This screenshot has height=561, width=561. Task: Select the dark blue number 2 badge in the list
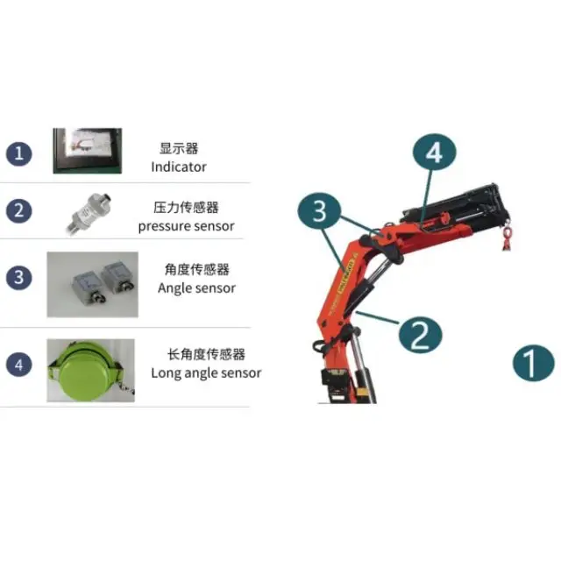[18, 210]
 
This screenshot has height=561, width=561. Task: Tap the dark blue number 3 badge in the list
[18, 279]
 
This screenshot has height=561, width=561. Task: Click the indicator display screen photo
[88, 152]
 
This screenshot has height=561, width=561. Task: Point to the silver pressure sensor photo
[88, 212]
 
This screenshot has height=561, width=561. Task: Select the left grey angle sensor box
[75, 279]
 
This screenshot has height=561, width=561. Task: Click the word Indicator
[179, 167]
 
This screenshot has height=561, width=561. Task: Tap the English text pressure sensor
[186, 226]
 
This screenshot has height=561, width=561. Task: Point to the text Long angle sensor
[206, 373]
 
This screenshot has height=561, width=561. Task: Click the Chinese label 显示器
[179, 149]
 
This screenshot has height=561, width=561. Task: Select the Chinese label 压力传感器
[186, 208]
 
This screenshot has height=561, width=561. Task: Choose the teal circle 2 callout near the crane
[419, 334]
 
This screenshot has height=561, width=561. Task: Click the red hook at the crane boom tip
[506, 238]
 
